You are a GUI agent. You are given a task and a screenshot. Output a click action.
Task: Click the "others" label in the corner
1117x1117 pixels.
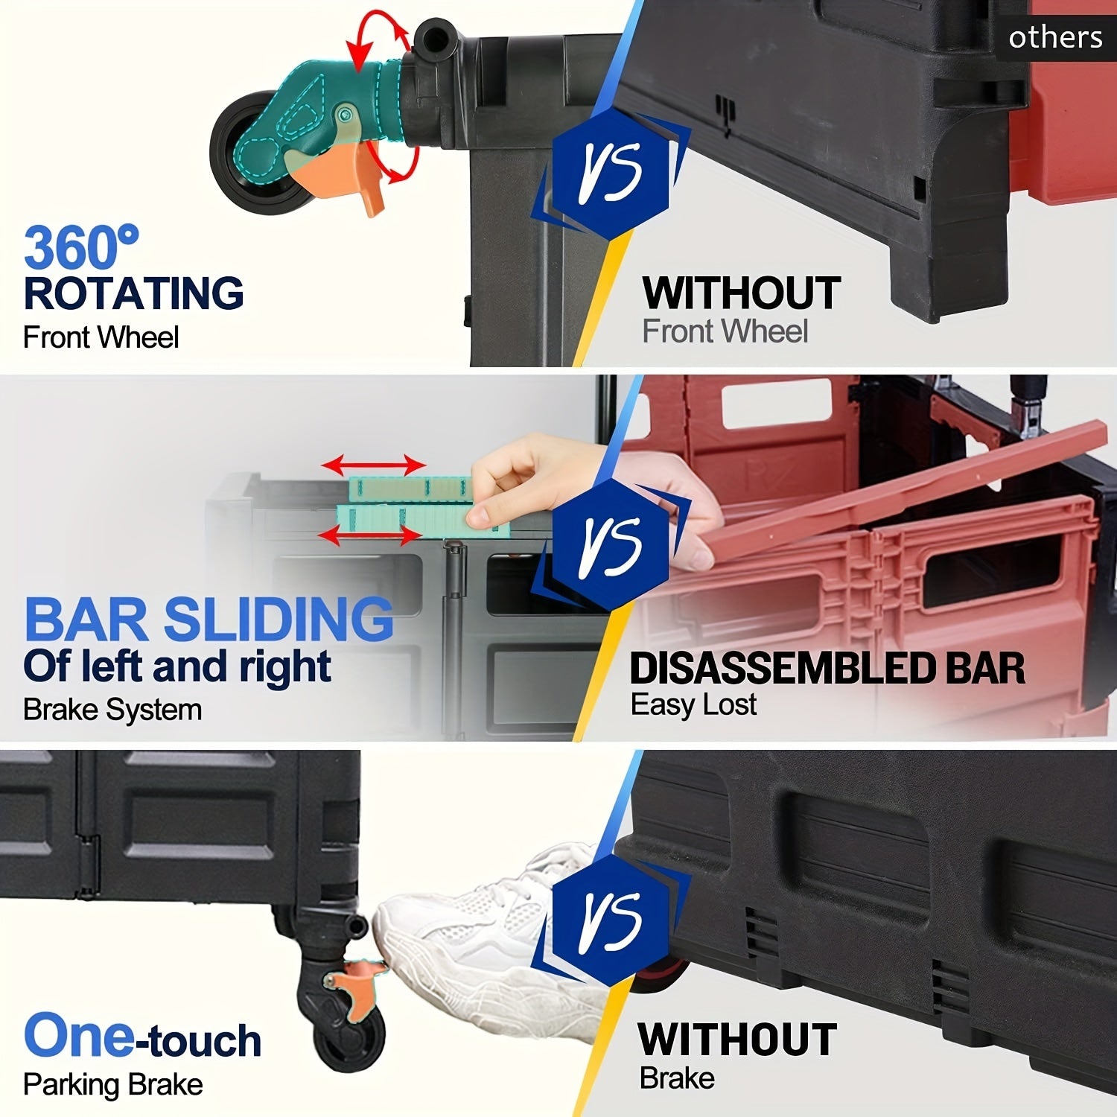(x=1055, y=36)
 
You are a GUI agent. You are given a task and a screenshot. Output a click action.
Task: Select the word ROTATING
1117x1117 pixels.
(x=134, y=293)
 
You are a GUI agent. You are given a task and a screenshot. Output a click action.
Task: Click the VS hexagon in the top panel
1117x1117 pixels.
(x=611, y=172)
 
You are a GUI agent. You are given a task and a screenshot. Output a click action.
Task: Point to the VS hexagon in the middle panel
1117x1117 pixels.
(x=611, y=544)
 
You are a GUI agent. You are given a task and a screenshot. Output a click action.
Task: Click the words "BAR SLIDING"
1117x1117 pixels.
(x=209, y=620)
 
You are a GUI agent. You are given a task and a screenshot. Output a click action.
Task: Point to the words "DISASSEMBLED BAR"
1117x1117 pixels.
(x=827, y=668)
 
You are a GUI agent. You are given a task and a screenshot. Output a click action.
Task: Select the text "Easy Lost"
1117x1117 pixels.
(x=693, y=704)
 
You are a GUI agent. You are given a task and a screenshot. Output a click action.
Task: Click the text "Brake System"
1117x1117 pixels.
(x=112, y=710)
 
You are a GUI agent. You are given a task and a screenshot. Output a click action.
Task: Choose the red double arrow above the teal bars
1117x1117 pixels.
(x=374, y=466)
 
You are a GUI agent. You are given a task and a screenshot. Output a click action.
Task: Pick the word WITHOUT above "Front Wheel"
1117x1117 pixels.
(x=742, y=293)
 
